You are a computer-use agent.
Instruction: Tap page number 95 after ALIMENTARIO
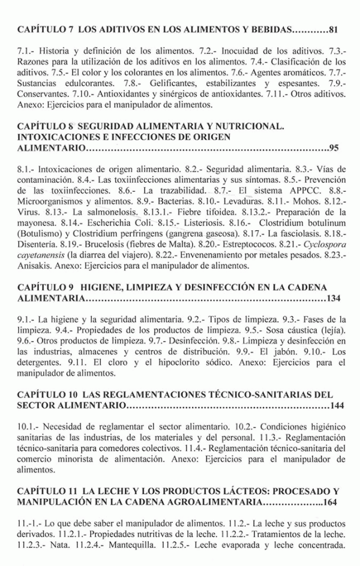(x=334, y=148)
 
